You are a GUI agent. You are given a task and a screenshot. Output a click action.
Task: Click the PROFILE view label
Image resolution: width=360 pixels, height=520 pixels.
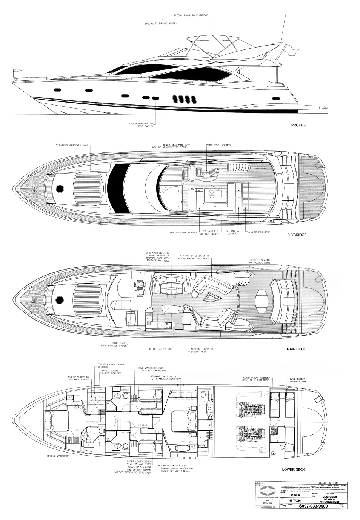pyautogui.click(x=298, y=125)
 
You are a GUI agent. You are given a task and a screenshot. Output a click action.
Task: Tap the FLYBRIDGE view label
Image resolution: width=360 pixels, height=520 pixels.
pyautogui.click(x=296, y=235)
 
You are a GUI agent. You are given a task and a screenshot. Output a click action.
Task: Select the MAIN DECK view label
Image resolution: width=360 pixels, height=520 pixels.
pyautogui.click(x=296, y=349)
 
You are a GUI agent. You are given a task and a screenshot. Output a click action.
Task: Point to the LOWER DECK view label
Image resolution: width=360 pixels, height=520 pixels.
pyautogui.click(x=294, y=470)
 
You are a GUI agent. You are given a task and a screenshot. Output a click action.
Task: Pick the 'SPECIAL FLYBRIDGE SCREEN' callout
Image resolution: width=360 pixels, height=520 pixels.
pyautogui.click(x=161, y=23)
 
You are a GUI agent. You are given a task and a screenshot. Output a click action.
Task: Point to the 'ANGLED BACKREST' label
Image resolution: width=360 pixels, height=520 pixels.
pyautogui.click(x=259, y=232)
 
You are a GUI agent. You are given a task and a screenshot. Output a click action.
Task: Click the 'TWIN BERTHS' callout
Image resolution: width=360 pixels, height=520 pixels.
pyautogui.click(x=297, y=379)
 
